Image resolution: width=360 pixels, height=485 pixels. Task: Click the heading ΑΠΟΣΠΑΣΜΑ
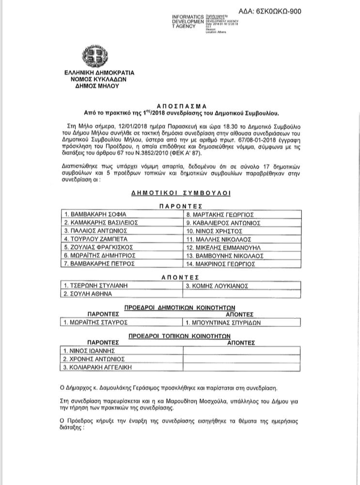pyautogui.click(x=180, y=105)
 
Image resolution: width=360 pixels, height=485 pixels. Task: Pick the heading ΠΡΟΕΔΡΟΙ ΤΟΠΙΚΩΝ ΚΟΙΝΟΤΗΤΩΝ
pyautogui.click(x=179, y=335)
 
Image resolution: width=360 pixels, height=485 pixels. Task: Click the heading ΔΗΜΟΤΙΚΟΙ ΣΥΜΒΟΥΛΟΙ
pyautogui.click(x=181, y=193)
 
